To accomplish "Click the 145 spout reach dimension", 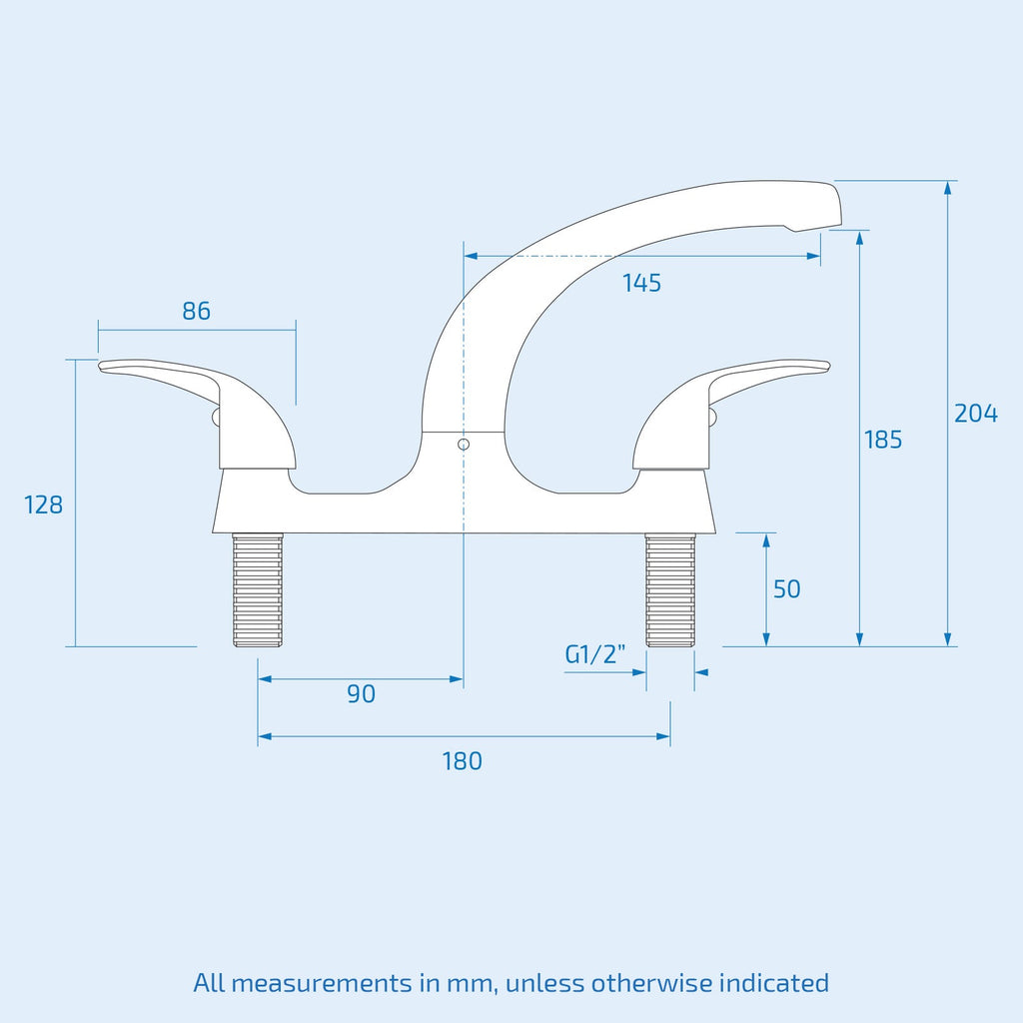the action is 641,283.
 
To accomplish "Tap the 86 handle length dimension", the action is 197,312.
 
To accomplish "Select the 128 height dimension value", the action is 44,505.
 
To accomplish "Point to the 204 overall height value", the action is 976,414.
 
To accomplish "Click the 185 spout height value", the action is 883,440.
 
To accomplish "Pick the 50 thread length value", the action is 787,589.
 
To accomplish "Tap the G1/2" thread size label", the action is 595,653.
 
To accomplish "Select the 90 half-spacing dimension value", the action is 362,694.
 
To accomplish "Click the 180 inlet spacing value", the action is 462,761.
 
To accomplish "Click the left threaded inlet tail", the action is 258,589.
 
